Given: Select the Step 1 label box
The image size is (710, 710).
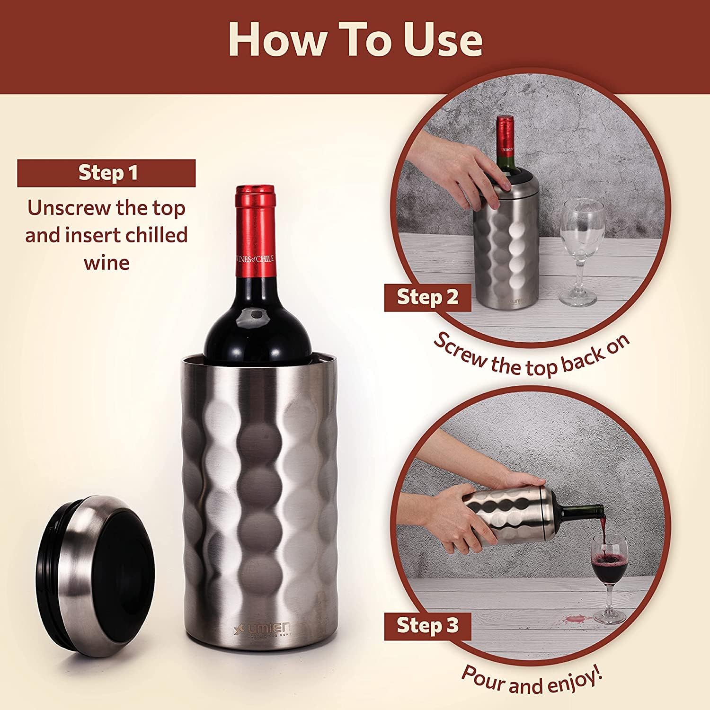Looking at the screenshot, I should click(x=106, y=173).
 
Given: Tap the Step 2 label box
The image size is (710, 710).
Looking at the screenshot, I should click(x=427, y=297).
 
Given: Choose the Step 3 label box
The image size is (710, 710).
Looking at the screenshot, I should click(x=427, y=626).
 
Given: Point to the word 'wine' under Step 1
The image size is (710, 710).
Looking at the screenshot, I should click(x=106, y=262).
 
